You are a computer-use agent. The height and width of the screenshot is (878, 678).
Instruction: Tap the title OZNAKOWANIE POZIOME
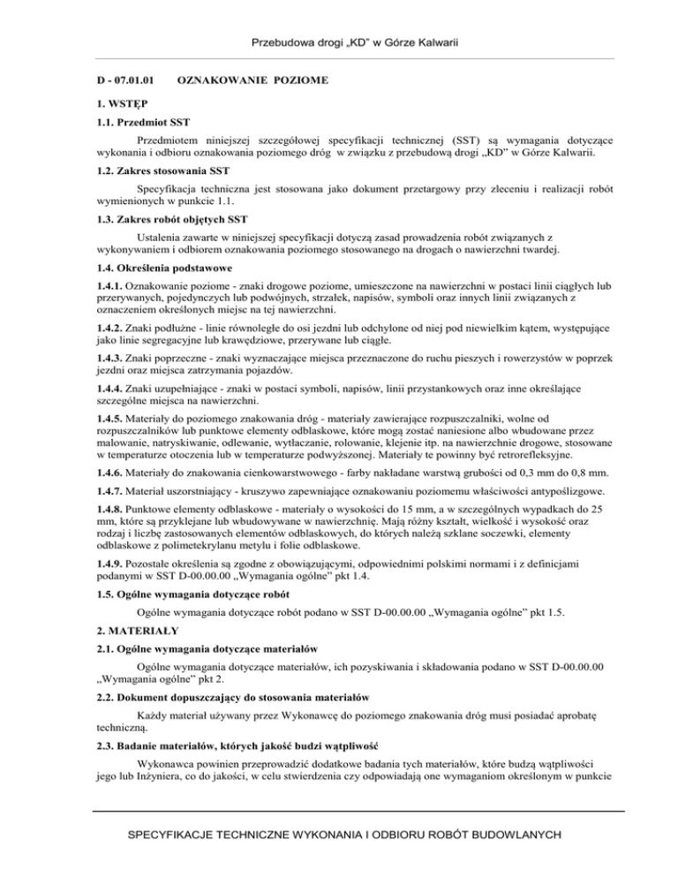[x=253, y=81]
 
